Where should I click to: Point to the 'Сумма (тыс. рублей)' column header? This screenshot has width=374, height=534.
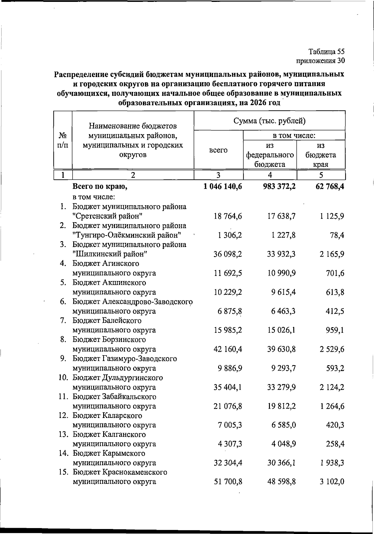click(269, 121)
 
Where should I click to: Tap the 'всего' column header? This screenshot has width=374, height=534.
click(218, 150)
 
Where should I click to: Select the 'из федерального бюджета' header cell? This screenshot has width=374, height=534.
click(270, 155)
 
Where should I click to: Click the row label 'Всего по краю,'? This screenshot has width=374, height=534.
click(100, 187)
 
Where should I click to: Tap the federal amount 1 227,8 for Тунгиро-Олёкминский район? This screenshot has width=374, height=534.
click(283, 235)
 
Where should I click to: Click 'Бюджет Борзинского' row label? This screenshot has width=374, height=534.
click(109, 339)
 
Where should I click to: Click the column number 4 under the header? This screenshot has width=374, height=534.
click(270, 175)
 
